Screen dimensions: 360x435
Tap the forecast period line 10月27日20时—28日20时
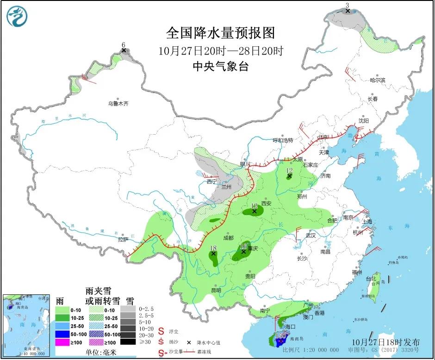[220, 51]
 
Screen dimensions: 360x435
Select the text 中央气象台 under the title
[220, 67]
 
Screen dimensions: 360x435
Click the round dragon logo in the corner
[17, 16]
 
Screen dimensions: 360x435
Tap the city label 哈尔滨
[377, 80]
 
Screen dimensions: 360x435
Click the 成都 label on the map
[228, 238]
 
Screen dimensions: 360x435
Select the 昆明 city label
[216, 290]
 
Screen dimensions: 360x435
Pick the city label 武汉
[310, 235]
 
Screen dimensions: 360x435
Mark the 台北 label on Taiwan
[371, 279]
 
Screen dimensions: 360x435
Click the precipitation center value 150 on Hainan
[280, 336]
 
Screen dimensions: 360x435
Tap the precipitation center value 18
[213, 248]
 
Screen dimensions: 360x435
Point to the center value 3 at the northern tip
[347, 6]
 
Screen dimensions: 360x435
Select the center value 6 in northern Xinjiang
[123, 45]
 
